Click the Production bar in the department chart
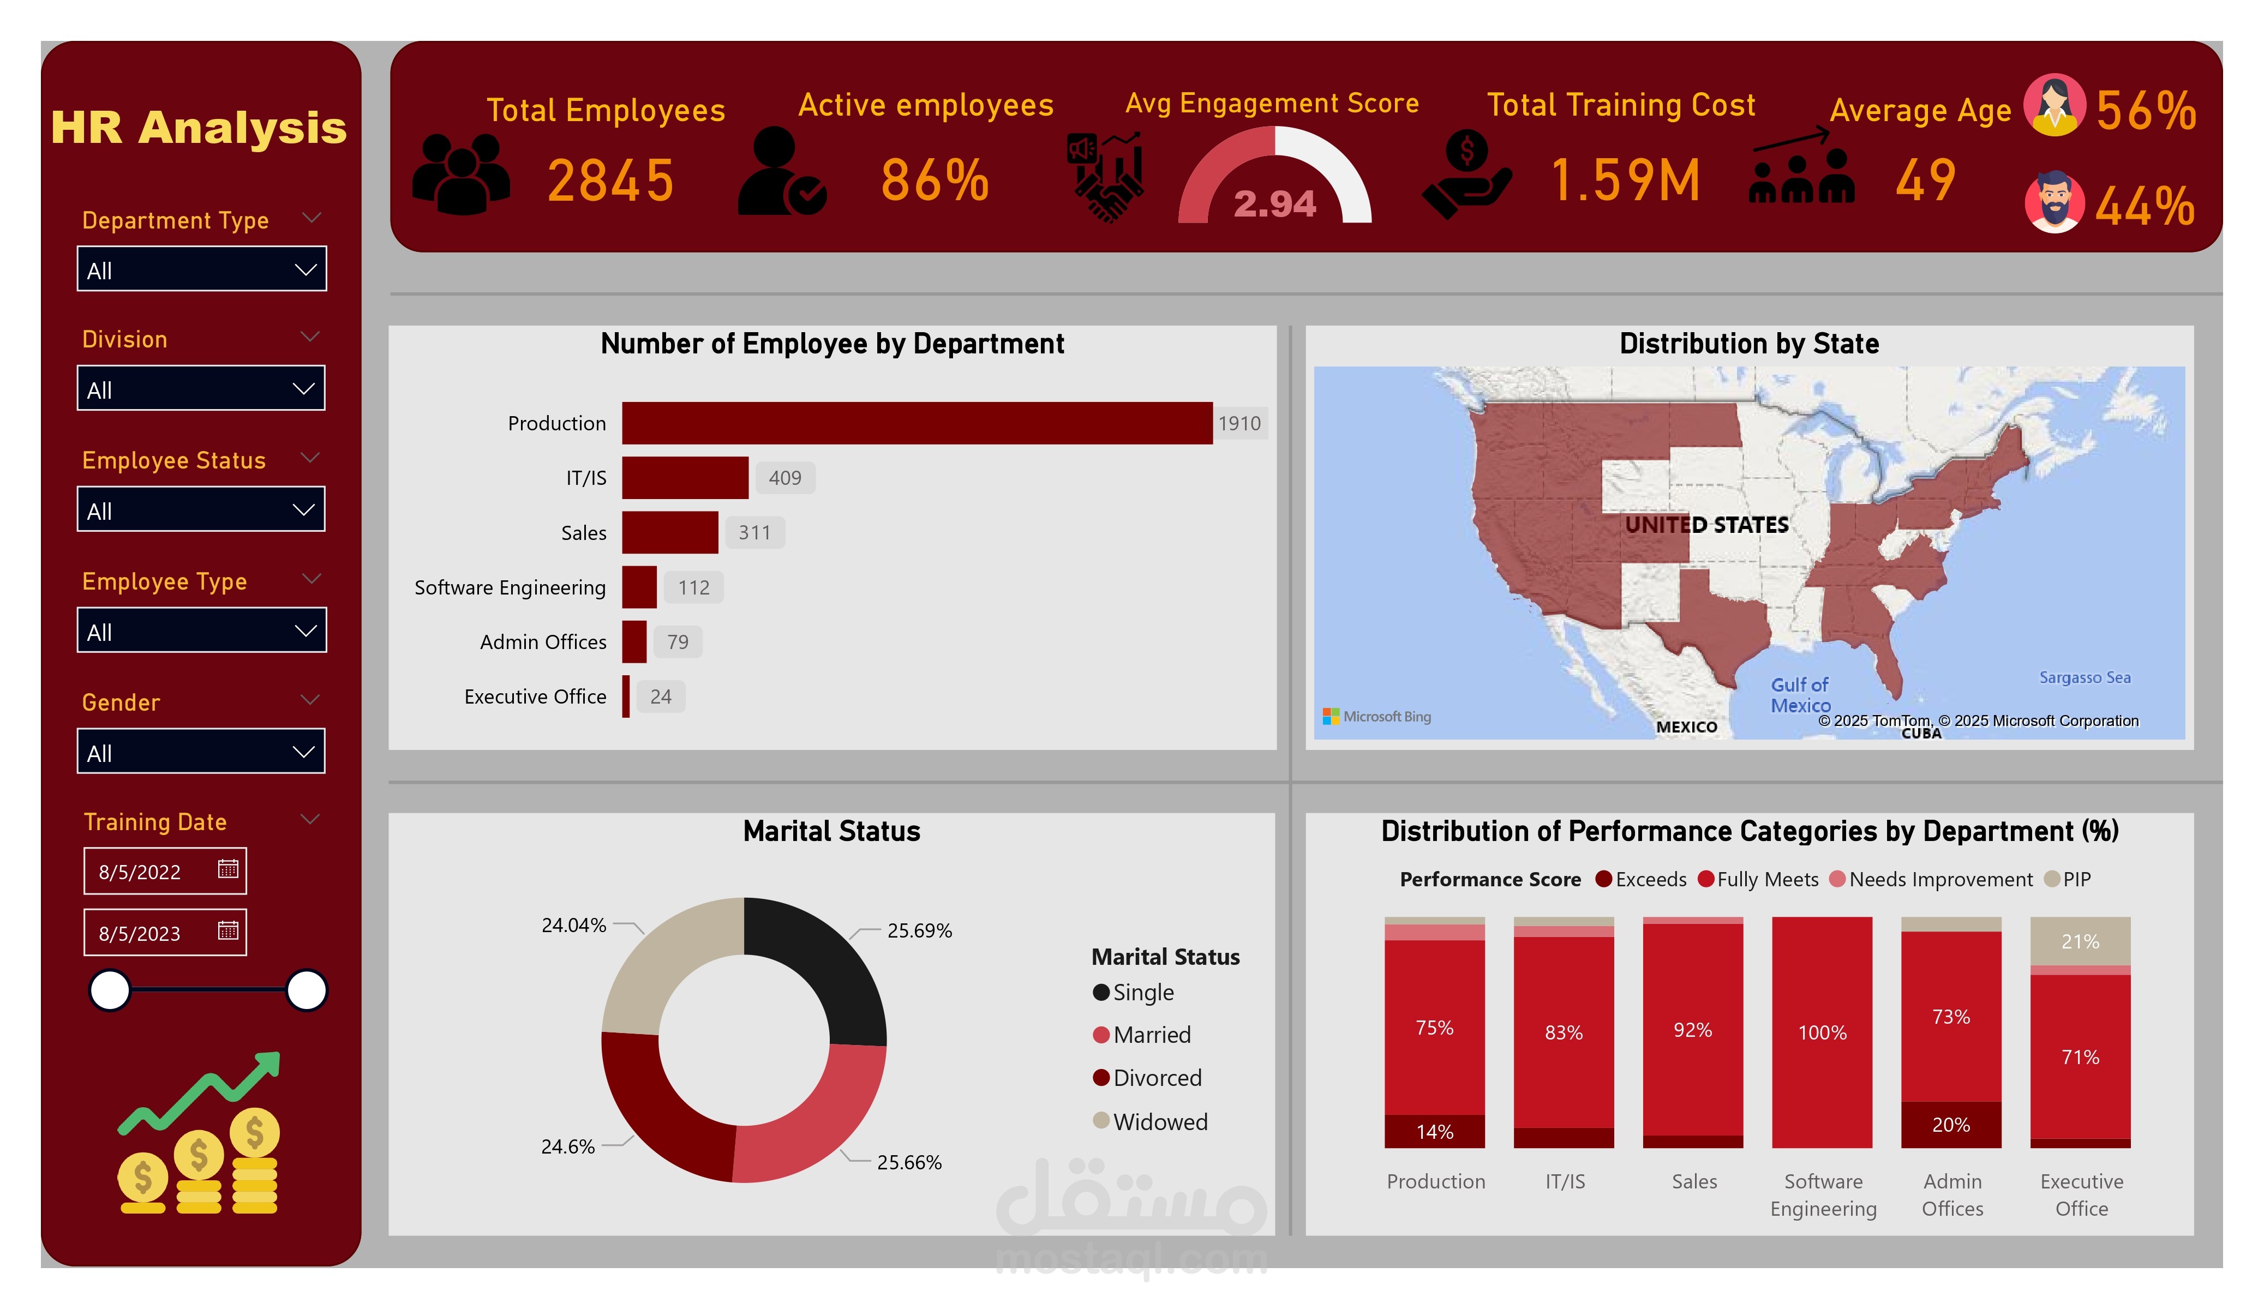coord(917,423)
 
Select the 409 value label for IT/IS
coord(784,478)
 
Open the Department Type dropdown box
coord(201,269)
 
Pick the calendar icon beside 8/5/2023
coord(228,931)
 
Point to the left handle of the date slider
coord(110,990)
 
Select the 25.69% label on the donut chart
coord(919,931)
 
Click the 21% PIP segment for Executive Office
coord(2080,941)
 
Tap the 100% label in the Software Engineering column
coord(1822,1032)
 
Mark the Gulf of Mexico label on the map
coord(1800,694)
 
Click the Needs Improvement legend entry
coord(1939,880)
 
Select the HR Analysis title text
coord(199,128)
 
